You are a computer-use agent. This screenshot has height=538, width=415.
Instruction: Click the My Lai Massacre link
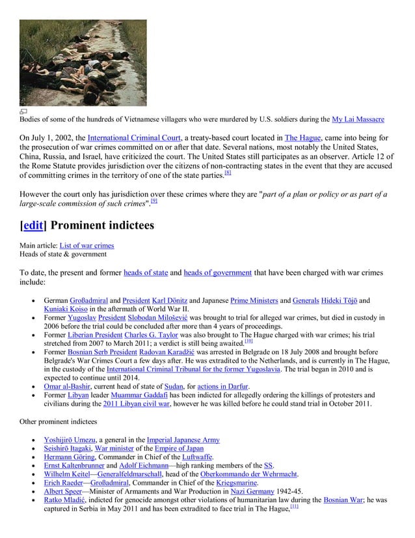pyautogui.click(x=358, y=120)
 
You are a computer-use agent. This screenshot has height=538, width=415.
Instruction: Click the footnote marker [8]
pyautogui.click(x=228, y=173)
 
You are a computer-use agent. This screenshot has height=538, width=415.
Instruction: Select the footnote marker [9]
pyautogui.click(x=154, y=201)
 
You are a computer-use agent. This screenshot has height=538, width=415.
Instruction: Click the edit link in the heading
pyautogui.click(x=33, y=225)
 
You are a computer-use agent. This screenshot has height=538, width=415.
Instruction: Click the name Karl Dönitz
pyautogui.click(x=168, y=300)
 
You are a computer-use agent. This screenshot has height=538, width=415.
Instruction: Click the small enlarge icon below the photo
pyautogui.click(x=23, y=111)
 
